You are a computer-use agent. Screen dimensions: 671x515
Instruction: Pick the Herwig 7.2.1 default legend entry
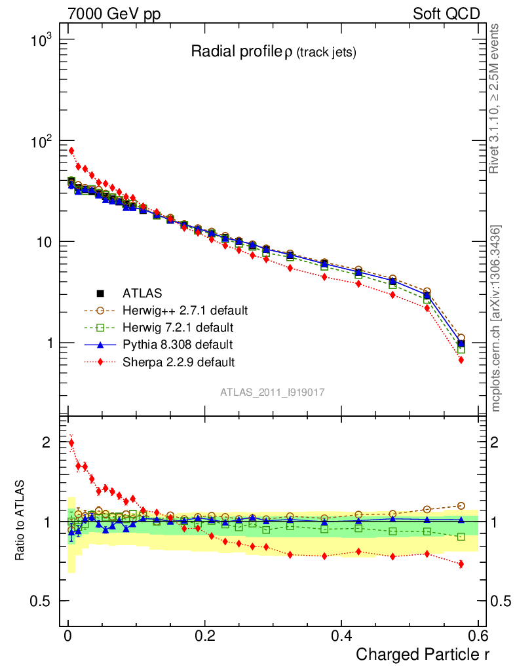pyautogui.click(x=178, y=327)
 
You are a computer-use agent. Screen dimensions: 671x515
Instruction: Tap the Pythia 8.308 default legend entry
pyautogui.click(x=177, y=344)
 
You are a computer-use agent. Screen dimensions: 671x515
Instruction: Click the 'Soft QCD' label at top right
pyautogui.click(x=446, y=14)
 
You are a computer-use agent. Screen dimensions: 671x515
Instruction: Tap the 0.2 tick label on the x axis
pyautogui.click(x=204, y=636)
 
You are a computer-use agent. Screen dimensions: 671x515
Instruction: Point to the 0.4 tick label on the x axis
pyautogui.click(x=341, y=636)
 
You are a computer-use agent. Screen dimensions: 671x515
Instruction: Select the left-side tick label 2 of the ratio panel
pyautogui.click(x=45, y=442)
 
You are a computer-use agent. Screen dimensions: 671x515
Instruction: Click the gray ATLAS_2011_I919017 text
pyautogui.click(x=273, y=392)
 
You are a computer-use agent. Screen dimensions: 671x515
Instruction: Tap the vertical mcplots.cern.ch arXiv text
pyautogui.click(x=497, y=318)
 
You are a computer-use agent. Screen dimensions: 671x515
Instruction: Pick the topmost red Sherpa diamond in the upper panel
pyautogui.click(x=71, y=151)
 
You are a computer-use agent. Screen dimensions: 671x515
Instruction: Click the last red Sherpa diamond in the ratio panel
pyautogui.click(x=461, y=564)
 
